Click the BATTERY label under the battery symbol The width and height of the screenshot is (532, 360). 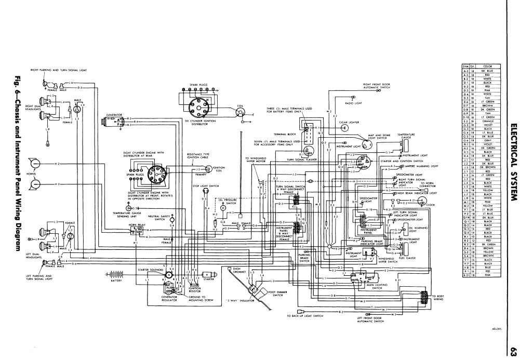116,281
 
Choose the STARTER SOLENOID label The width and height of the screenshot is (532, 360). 149,271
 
